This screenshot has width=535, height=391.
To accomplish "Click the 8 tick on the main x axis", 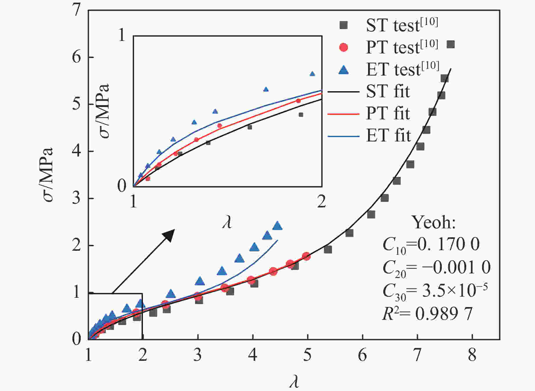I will point(472,355).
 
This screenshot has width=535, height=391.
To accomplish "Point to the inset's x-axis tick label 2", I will point(321,201).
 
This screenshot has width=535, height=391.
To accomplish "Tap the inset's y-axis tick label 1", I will point(122,35).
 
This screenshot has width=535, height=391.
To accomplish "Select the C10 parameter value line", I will point(431,245).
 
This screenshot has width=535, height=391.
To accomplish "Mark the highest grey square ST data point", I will point(451,44).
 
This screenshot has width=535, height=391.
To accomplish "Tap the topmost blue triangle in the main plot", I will point(278,226).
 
